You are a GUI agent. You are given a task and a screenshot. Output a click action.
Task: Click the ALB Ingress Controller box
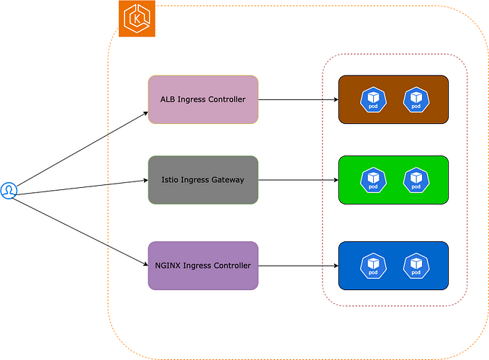pos(203,99)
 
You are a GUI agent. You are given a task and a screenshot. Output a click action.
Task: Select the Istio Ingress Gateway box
pos(203,180)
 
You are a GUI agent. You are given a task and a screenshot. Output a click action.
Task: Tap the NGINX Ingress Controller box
pos(203,266)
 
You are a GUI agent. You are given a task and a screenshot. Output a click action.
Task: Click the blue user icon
pos(9,190)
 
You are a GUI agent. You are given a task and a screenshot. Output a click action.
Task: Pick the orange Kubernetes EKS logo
pos(137,18)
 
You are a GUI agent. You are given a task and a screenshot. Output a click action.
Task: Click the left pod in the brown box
pos(373,99)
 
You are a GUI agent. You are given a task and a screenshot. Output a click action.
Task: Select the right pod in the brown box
pos(414,99)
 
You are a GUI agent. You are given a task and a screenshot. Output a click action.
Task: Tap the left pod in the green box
pos(373,179)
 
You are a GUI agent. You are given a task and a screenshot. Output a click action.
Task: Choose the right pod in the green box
pos(414,179)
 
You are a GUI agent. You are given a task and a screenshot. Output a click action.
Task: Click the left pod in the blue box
pos(373,265)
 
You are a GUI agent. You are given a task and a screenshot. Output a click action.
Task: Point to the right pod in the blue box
pos(414,265)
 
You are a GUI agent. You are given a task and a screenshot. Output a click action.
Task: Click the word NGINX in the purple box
pos(168,266)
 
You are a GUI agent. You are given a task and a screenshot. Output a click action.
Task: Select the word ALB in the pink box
pos(169,99)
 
